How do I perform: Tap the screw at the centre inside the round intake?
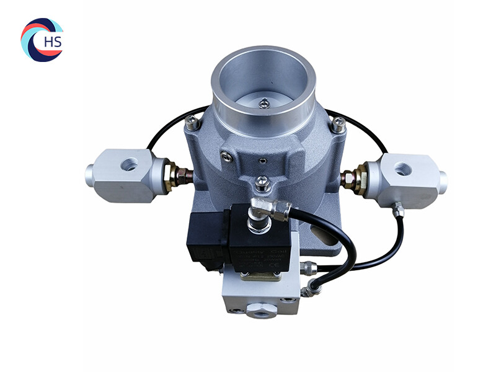(265, 104)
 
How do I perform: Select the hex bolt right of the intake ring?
(337, 126)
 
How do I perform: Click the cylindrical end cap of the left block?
(91, 174)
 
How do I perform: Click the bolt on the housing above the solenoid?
(263, 183)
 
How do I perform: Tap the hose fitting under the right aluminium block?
(398, 211)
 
